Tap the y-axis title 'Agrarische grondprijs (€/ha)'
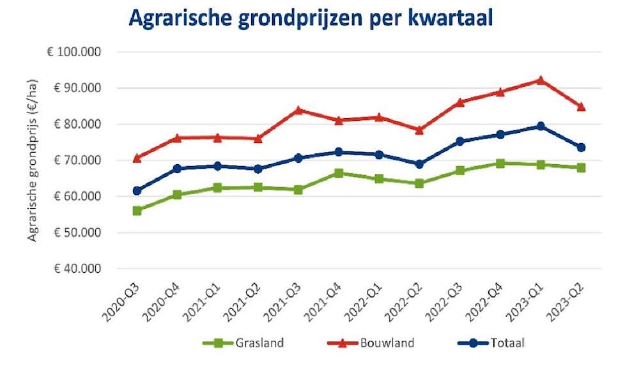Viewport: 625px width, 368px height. tap(32, 160)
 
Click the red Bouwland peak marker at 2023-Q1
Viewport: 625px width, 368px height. tap(541, 80)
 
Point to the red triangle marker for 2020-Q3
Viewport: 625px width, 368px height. tap(137, 158)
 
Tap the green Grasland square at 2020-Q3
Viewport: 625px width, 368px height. tap(137, 210)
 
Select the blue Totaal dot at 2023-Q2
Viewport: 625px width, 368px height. tap(581, 148)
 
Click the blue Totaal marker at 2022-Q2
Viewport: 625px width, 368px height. tap(419, 164)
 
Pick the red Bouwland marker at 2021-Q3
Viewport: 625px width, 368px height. tap(298, 110)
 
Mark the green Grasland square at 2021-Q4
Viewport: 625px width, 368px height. tap(339, 173)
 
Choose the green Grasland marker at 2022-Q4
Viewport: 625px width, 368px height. tap(500, 164)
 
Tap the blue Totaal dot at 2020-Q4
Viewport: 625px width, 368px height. tap(177, 169)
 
